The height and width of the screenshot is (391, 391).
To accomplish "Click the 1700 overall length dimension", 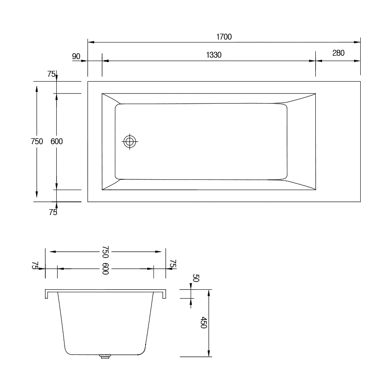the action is point(224,37).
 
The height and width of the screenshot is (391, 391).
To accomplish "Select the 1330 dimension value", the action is point(214,55).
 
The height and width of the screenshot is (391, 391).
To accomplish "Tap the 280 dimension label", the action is point(338,53).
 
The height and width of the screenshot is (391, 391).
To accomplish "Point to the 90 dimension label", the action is point(76,56).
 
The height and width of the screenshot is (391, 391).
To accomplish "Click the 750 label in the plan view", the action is point(37,141).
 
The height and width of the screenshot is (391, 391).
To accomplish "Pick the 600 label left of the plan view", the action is point(57,141).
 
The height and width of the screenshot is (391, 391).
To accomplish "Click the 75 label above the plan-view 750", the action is point(51,74).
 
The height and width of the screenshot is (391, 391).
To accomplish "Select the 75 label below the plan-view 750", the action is point(53,212).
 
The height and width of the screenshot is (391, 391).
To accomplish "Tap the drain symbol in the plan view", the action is point(130,141).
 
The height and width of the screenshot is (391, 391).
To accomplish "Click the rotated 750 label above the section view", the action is point(106,252).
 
